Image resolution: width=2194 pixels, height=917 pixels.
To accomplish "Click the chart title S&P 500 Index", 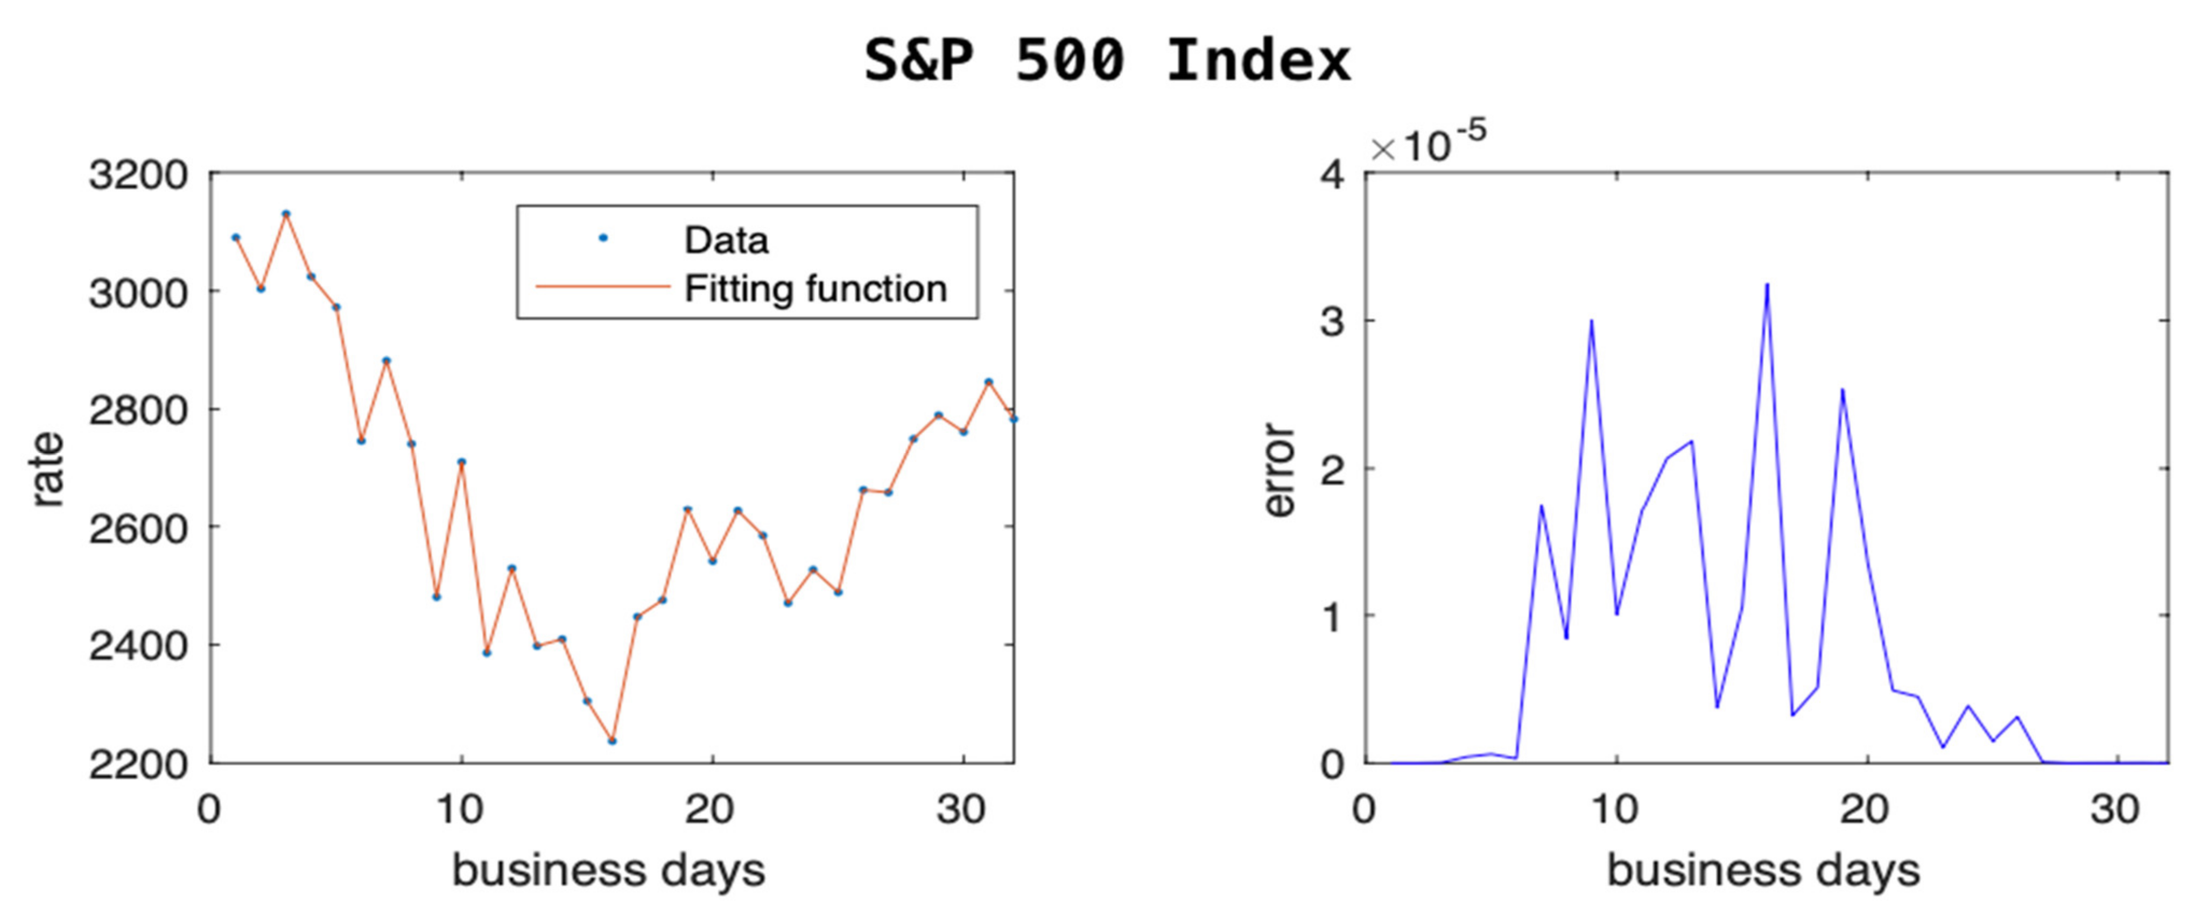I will [1107, 61].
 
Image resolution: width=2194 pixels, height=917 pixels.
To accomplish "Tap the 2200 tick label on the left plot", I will [138, 764].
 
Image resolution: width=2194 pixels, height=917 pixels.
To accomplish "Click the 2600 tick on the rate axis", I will [138, 528].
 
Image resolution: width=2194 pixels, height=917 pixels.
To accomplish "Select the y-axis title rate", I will [48, 470].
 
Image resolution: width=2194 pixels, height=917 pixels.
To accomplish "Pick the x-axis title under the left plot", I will [608, 870].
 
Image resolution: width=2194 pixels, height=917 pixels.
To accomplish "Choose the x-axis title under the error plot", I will [1763, 870].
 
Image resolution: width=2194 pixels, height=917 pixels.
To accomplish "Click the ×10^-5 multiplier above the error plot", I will [1429, 145].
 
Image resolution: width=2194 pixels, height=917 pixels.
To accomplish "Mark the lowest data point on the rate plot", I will [611, 740].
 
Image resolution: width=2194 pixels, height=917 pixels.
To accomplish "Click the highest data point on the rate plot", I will [286, 214].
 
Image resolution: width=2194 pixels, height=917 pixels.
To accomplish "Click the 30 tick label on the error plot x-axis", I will [2115, 809].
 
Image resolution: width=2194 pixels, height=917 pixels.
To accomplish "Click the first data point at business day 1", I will [236, 237].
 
